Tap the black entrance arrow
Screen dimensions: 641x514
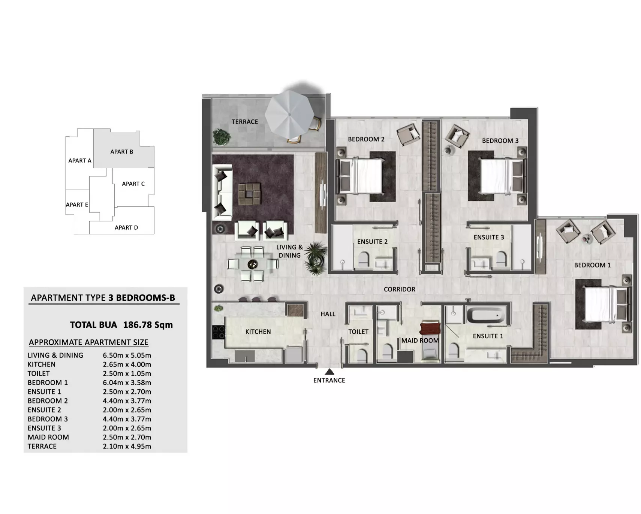coord(329,372)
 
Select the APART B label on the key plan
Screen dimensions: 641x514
coord(122,152)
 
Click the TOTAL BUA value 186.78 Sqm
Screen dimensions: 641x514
coord(148,325)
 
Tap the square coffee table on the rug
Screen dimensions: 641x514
coord(249,194)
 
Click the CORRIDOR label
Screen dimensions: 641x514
coord(400,289)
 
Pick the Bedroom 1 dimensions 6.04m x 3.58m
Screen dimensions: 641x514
coord(127,383)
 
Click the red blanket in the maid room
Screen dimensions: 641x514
coord(429,329)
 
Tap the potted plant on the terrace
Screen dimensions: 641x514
coord(222,137)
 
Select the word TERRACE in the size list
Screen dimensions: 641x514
coord(42,446)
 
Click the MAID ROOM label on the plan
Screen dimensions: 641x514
coord(420,341)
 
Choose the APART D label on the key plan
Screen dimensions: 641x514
coord(126,227)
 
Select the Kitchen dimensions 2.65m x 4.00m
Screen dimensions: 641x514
coord(127,364)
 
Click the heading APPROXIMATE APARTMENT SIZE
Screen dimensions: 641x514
coord(89,342)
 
